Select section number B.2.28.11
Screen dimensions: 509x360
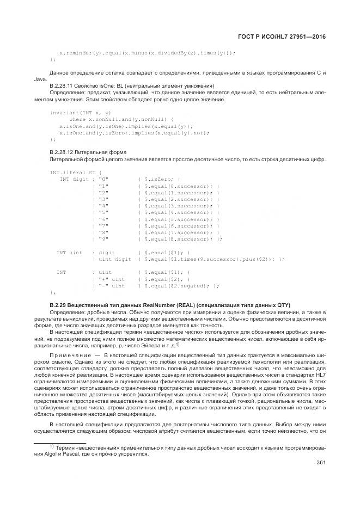[x=64, y=86]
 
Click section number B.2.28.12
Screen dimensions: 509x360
[x=64, y=151]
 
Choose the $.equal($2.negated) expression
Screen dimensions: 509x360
[x=174, y=285]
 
